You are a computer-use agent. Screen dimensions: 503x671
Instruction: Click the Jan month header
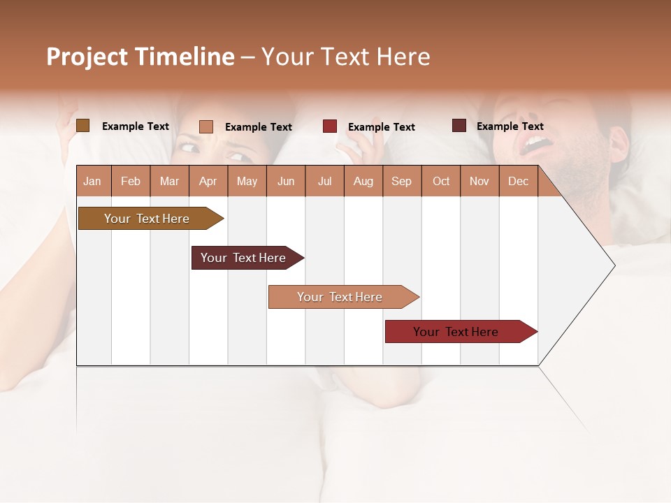tap(92, 181)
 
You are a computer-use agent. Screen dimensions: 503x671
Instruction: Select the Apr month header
tap(208, 181)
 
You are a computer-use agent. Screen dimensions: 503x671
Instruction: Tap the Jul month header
tap(324, 181)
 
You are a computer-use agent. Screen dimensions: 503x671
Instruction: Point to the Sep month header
tap(401, 181)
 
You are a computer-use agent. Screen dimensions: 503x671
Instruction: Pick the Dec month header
tap(518, 181)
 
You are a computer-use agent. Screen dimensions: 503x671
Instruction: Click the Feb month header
tap(131, 181)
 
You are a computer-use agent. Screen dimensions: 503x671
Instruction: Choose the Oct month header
tap(441, 181)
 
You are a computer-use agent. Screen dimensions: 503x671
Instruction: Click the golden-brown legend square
tap(83, 126)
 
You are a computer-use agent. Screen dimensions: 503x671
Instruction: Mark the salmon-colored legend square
tap(206, 126)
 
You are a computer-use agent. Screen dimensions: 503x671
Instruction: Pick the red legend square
tap(330, 126)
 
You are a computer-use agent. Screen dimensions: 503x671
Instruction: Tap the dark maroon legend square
tap(459, 126)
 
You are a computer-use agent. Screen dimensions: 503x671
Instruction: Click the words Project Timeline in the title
tap(140, 57)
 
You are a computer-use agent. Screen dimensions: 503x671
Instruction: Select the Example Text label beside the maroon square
tap(510, 126)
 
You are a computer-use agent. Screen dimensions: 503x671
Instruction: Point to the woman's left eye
tap(236, 156)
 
